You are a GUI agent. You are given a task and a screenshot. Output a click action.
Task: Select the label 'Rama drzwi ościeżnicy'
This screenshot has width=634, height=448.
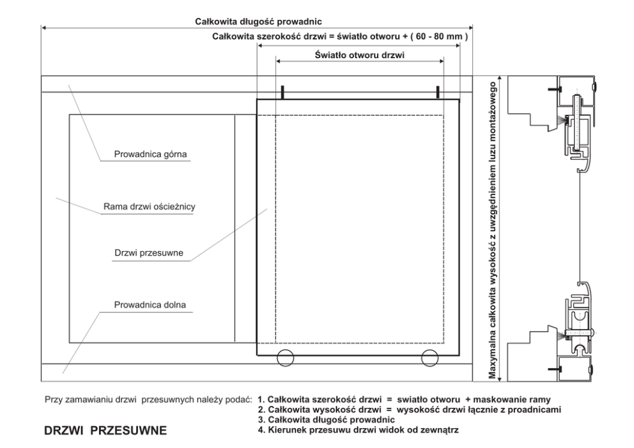point(153,206)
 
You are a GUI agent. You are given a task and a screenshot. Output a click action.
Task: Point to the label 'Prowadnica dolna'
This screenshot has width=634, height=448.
point(150,305)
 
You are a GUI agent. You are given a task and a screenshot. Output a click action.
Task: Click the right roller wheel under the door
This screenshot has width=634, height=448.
point(431,359)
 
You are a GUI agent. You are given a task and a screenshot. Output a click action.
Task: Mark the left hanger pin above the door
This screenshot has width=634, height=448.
point(281,93)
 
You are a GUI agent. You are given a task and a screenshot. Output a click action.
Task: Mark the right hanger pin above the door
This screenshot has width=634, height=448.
point(438,93)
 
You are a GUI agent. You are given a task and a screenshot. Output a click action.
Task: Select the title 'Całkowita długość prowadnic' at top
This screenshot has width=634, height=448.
point(258,21)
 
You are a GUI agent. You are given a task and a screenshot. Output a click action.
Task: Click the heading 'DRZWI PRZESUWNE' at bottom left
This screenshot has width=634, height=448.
point(105,431)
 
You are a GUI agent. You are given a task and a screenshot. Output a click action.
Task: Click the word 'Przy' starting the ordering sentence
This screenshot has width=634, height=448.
point(53,400)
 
